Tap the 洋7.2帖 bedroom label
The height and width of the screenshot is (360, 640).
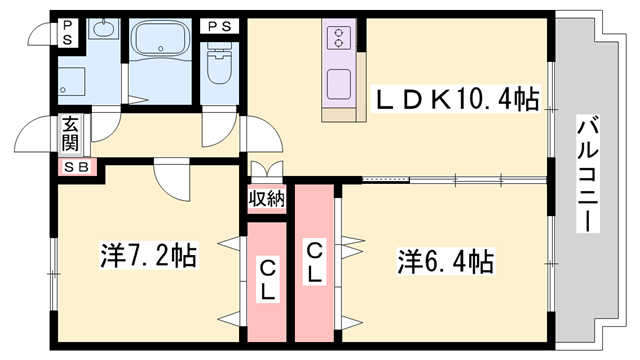coord(149,255)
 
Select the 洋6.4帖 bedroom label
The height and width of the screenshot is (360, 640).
coord(447,261)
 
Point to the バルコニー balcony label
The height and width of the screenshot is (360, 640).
coord(588,174)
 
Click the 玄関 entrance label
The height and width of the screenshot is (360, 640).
coord(70,133)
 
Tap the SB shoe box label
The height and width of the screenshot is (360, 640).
coord(77,167)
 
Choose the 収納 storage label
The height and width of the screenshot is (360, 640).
coord(267,199)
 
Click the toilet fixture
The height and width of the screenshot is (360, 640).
coord(219,63)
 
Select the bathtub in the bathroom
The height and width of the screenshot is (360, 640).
coord(160,40)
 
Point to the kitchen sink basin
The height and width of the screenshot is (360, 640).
coord(338,84)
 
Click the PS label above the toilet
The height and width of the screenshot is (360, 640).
coord(220,27)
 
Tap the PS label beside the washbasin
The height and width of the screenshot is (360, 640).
coord(68,33)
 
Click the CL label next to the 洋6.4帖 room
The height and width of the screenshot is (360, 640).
coord(314,263)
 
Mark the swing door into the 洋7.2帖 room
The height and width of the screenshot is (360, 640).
coord(172,181)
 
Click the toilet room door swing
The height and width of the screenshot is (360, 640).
coord(220,127)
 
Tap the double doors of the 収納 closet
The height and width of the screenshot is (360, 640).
coord(267,170)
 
